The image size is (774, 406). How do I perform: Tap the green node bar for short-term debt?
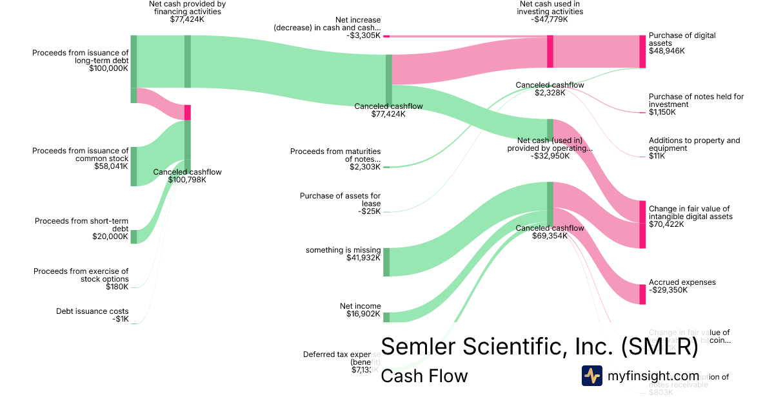click(x=134, y=236)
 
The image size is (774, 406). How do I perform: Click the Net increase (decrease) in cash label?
click(x=327, y=24)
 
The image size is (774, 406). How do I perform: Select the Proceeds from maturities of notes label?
click(x=335, y=155)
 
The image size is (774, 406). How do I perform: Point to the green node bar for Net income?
click(x=386, y=317)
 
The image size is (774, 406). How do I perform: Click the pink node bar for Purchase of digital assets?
click(x=642, y=52)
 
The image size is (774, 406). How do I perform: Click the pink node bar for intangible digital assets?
click(x=642, y=224)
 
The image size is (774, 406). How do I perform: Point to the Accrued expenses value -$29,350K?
click(x=668, y=290)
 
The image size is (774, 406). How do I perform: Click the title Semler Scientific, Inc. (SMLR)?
click(x=540, y=346)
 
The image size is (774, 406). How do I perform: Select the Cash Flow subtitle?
click(x=424, y=376)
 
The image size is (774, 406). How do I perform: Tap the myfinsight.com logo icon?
click(x=591, y=376)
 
